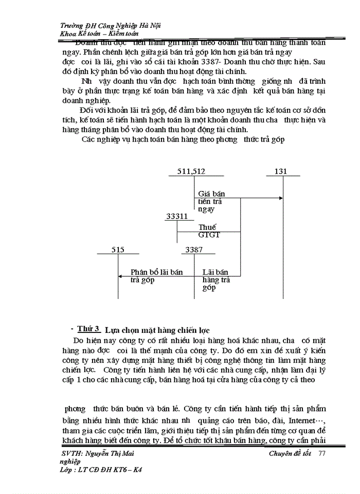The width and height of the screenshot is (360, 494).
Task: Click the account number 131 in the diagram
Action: point(280,171)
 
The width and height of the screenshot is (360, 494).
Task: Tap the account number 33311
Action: point(177,217)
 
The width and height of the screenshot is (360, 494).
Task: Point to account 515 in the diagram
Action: point(118,250)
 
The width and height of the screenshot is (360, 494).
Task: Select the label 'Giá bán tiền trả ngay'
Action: point(211,202)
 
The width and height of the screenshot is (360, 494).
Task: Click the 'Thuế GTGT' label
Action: point(209,231)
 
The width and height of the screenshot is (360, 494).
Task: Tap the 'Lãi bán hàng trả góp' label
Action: point(216,279)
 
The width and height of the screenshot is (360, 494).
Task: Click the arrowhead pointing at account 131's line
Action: point(281,198)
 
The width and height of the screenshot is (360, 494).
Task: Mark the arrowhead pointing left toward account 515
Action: point(120,276)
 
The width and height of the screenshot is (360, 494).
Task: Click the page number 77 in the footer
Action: point(322,453)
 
